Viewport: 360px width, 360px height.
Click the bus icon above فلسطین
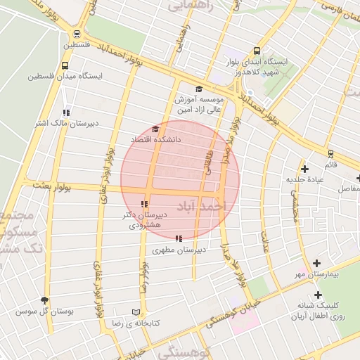(77, 33)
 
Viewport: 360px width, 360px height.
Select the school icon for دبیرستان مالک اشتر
(66, 112)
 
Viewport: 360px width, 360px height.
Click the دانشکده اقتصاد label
(155, 140)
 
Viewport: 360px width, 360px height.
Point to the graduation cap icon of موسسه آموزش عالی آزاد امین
(199, 89)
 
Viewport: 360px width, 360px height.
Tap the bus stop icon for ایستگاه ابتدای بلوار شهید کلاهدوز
(256, 51)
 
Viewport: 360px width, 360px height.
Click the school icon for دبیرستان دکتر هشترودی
(146, 203)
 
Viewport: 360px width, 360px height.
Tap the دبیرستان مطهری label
(179, 250)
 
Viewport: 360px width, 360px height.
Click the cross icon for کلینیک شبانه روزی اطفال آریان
(318, 295)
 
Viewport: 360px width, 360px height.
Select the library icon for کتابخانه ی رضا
(136, 312)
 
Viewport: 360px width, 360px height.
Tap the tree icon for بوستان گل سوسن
(46, 300)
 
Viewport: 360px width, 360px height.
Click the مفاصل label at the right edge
(348, 188)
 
